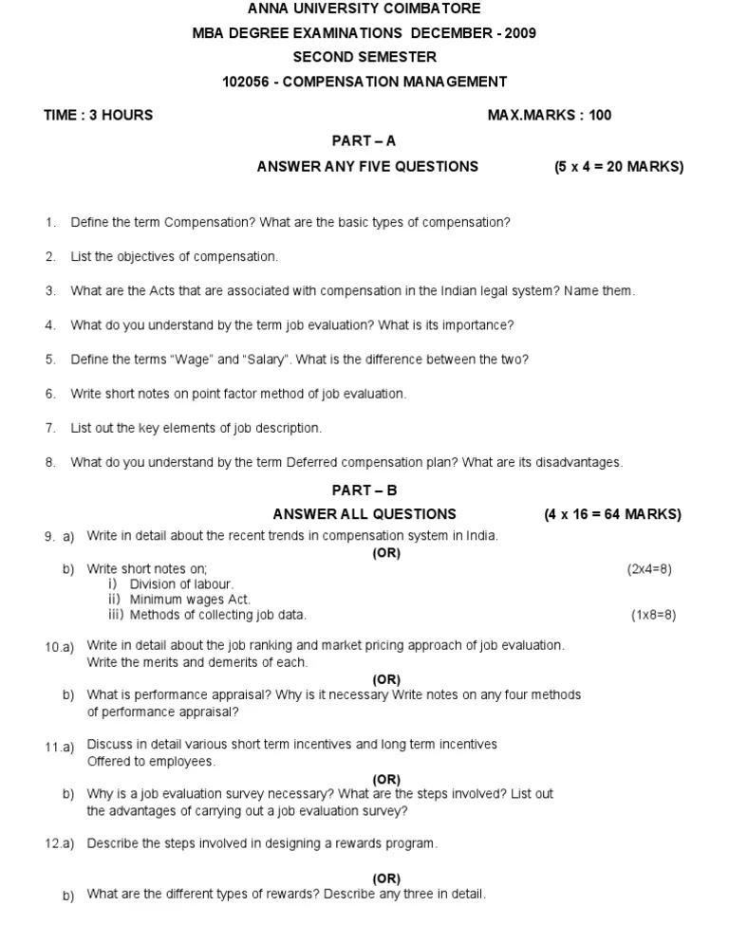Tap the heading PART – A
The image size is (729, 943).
tap(364, 140)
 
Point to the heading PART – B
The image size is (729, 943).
tap(364, 490)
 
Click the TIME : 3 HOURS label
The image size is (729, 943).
tap(98, 115)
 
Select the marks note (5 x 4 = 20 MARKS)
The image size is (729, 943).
tap(619, 166)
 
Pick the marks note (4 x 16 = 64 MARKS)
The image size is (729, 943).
tap(613, 514)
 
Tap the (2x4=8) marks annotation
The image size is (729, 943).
tap(649, 569)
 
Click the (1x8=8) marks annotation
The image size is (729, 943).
tap(653, 615)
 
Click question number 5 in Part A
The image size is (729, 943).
tap(50, 360)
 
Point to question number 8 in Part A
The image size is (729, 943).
tap(50, 463)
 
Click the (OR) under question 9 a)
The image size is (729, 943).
tap(386, 554)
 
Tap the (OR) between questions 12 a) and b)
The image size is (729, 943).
tap(386, 878)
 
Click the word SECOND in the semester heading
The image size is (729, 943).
tap(322, 57)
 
